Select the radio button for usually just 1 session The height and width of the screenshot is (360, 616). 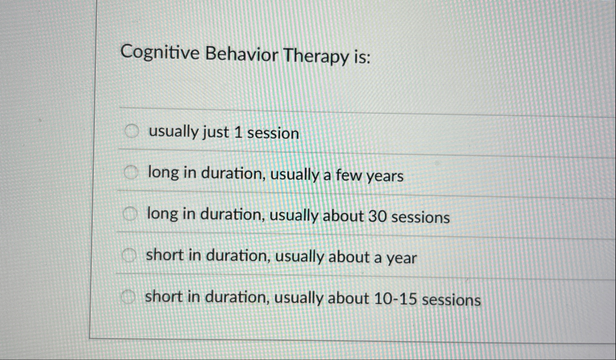pos(132,132)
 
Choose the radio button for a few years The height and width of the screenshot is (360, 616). pos(131,172)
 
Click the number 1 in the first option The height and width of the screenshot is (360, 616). pos(238,133)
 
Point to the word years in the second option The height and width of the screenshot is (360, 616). pos(385,176)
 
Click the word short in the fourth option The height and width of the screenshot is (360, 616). pos(165,255)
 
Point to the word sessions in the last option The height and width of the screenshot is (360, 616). pos(451,300)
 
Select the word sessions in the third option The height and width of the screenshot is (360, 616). pos(421,217)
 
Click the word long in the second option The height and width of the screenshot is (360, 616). pos(163,173)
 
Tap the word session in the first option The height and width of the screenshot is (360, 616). pos(273,133)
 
